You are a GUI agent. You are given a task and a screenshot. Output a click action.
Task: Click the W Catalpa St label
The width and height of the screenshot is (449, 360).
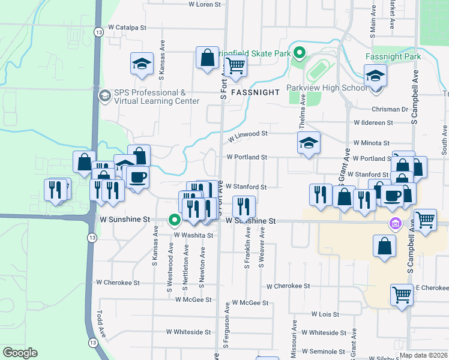[127, 28]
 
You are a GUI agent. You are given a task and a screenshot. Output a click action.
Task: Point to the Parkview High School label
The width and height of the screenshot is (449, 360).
[327, 88]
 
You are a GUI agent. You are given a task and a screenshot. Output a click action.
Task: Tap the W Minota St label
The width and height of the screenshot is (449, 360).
[372, 143]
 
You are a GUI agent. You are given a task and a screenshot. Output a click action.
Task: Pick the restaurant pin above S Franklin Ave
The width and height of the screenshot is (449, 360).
[244, 206]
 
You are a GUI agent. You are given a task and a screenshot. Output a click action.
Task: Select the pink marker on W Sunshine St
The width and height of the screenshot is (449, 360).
[395, 225]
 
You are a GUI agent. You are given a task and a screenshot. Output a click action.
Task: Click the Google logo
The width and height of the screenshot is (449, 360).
[20, 353]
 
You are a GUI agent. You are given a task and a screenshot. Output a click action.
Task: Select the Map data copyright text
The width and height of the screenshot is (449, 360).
[423, 355]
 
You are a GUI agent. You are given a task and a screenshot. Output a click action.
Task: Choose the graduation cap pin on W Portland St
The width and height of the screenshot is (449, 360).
[309, 143]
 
